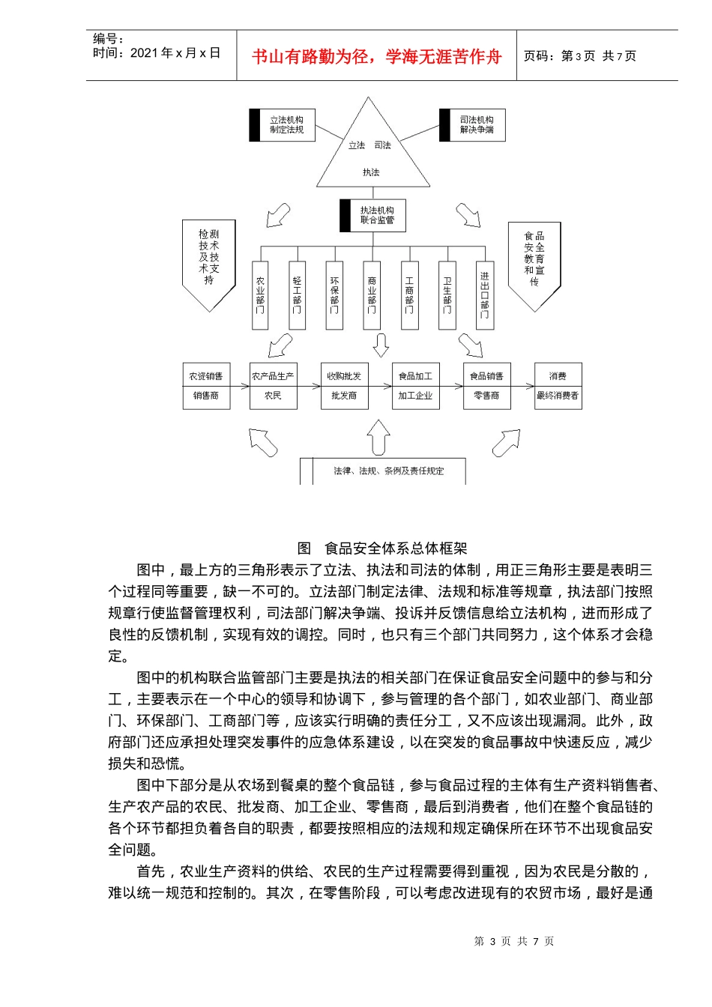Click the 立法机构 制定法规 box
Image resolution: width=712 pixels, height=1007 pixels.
pos(283,125)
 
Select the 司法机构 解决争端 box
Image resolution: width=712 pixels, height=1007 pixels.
pos(473,125)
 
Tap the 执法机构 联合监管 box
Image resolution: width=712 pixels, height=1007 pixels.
pos(373,216)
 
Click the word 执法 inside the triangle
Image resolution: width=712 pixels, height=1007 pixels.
pos(372,172)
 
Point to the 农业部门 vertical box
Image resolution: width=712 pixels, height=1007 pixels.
pos(260,296)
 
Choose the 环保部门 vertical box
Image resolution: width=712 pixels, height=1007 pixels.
pos(334,296)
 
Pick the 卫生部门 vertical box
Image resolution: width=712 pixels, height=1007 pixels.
pos(447,296)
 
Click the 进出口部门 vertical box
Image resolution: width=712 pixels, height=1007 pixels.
pos(485,296)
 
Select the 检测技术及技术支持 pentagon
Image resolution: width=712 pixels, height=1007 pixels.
pos(209,262)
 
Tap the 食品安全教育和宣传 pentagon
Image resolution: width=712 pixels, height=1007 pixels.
pos(534,262)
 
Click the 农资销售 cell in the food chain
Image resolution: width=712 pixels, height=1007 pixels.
pos(206,376)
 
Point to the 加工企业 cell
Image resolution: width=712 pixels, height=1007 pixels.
pos(415,396)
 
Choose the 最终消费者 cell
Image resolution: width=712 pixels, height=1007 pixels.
pos(558,396)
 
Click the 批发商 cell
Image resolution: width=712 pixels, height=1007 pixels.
pos(344,396)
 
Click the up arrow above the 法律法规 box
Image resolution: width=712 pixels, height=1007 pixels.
pos(378,436)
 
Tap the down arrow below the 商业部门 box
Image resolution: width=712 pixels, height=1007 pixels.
pos(381,345)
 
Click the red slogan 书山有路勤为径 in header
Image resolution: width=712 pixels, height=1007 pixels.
pos(376,57)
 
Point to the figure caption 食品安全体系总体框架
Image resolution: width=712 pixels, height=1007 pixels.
pos(382,548)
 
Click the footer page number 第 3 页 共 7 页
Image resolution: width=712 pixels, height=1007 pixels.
pos(514,941)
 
